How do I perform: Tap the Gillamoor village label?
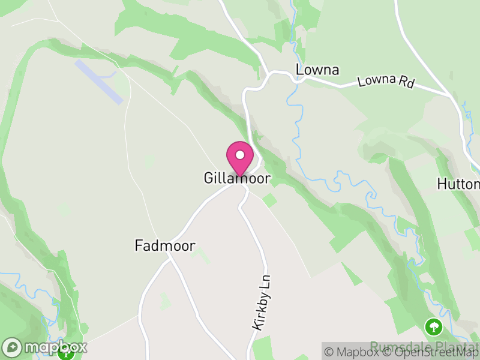point(237,179)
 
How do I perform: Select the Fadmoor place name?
point(164,245)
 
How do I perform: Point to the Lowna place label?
point(317,70)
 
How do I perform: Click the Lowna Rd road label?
point(386,82)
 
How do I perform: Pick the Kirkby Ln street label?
point(262,302)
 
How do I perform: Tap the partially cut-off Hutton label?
point(458,184)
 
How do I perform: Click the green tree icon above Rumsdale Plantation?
point(433,327)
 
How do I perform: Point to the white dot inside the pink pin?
point(239,155)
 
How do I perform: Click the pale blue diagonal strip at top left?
point(99,81)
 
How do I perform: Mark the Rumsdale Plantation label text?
point(423,347)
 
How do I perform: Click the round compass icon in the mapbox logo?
point(12,347)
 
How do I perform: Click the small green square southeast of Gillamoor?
point(269,200)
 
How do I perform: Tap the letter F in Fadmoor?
point(139,245)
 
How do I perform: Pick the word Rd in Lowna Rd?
point(406,84)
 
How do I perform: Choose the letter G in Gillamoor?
point(209,179)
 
